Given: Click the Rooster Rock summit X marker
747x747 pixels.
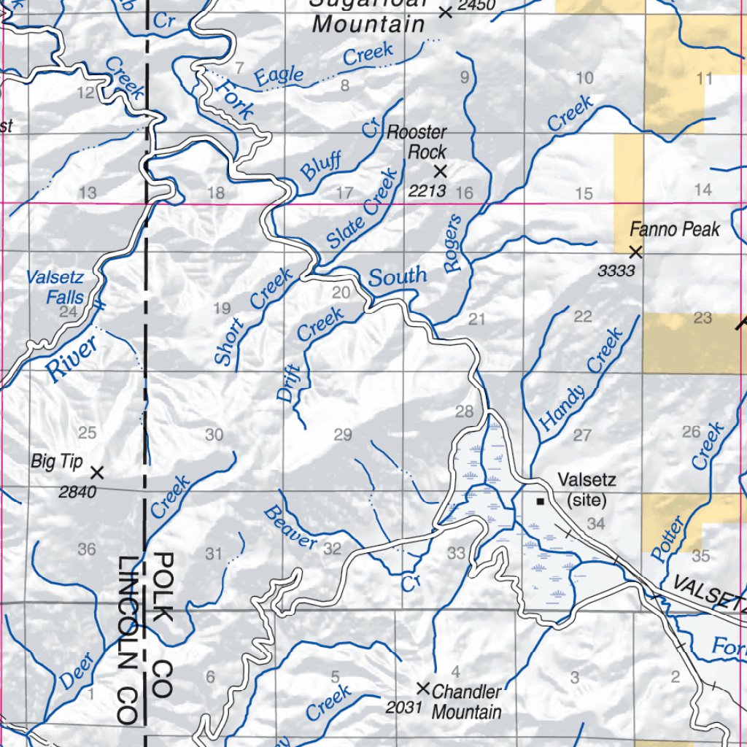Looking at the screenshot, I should [x=440, y=171].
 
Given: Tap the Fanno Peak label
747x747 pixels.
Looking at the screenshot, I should [x=675, y=230].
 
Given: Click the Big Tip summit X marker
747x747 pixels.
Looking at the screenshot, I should [x=97, y=473].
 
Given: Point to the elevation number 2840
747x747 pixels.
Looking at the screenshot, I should [x=77, y=492].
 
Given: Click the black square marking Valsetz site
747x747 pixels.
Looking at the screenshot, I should [x=540, y=501].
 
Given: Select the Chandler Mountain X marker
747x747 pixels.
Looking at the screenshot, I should [x=422, y=687].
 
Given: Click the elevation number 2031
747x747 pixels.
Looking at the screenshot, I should [x=403, y=707].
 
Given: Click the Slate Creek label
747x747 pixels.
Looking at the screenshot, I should [x=363, y=209].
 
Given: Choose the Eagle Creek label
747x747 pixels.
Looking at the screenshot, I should [x=323, y=65].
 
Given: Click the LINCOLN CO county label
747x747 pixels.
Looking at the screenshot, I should [x=129, y=640].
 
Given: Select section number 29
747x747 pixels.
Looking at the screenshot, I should [x=343, y=436].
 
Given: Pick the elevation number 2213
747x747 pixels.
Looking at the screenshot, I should [x=427, y=191].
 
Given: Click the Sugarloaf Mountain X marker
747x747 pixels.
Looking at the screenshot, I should [x=445, y=12].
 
